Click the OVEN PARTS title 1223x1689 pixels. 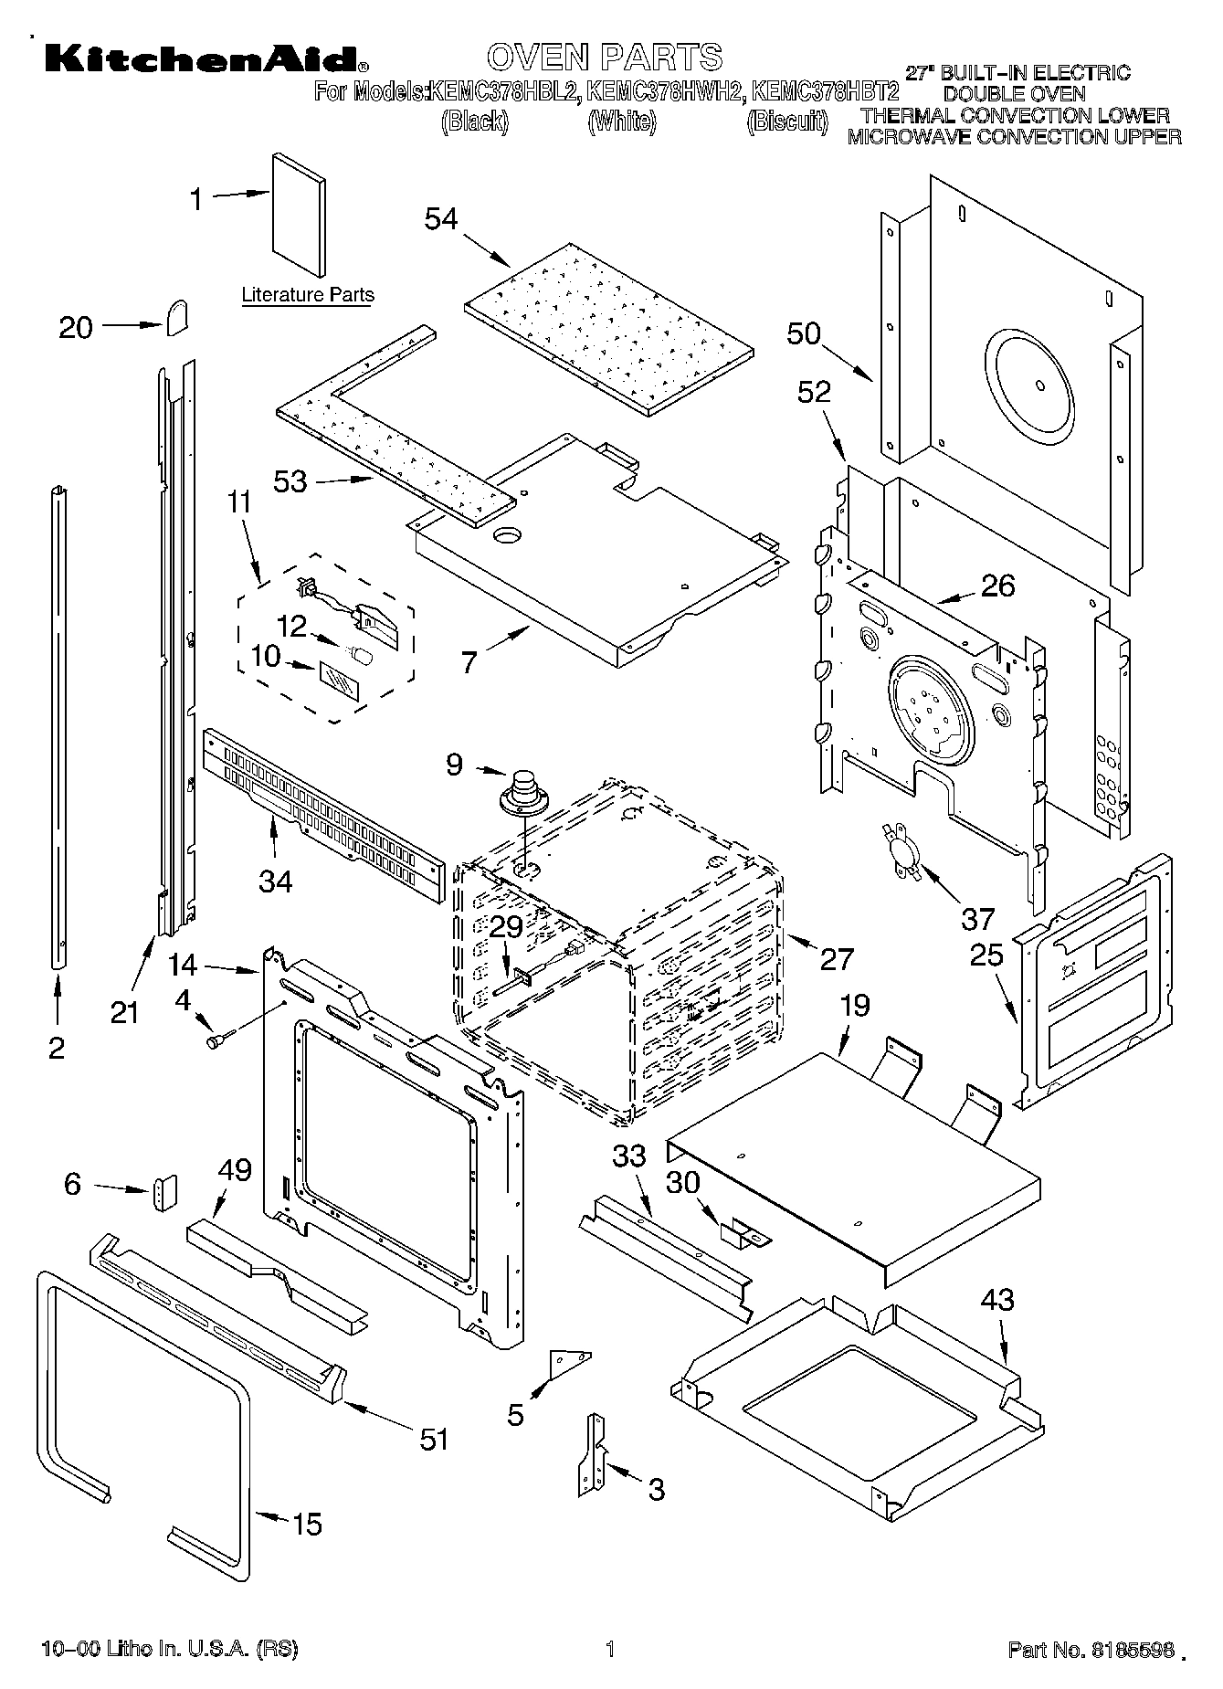click(x=604, y=57)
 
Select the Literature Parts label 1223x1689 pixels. click(x=308, y=295)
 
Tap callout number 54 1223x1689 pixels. click(x=441, y=219)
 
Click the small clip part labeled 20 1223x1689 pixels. click(x=177, y=318)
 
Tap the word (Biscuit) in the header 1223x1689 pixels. click(x=786, y=121)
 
